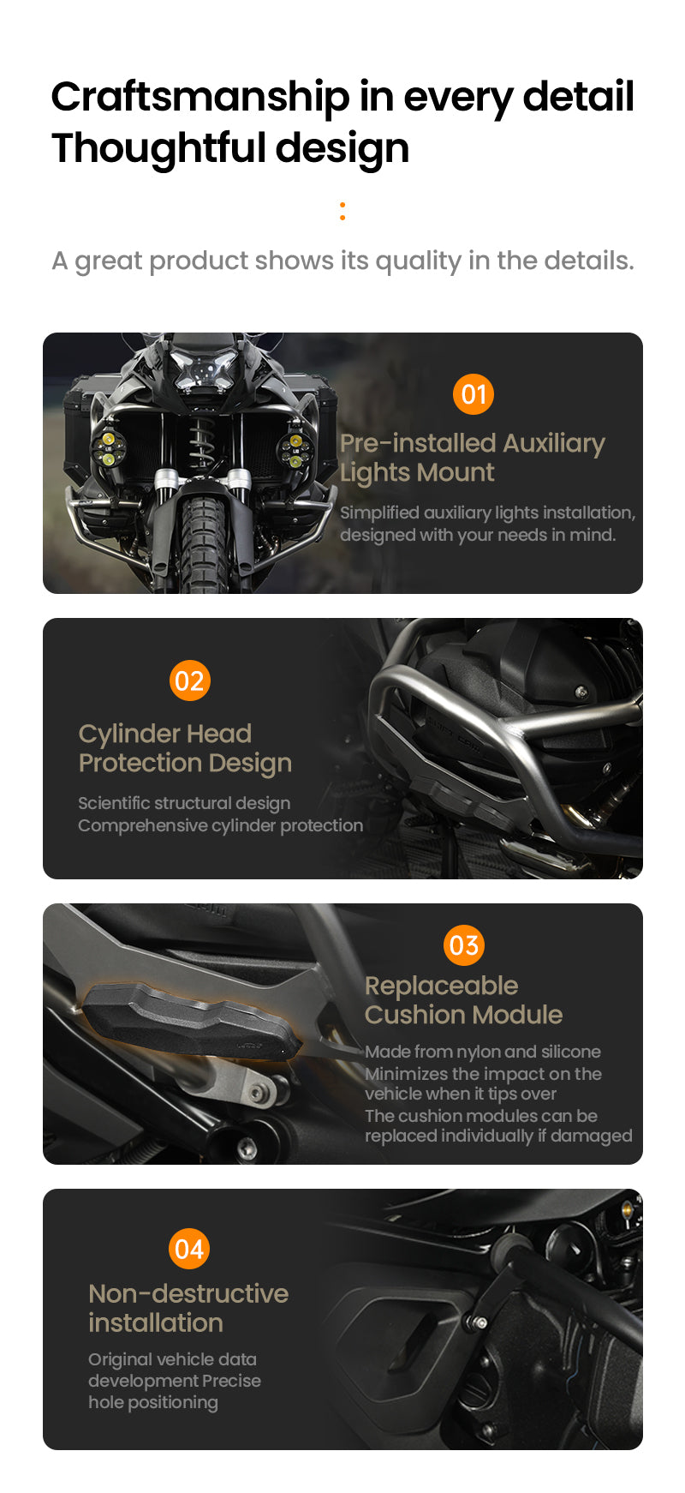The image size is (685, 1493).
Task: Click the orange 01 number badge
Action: point(474,394)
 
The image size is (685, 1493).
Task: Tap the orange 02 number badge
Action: point(189,681)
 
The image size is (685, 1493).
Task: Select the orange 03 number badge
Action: point(464,945)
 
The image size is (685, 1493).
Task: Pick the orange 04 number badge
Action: point(189,1249)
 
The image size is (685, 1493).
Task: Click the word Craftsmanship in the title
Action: point(200,97)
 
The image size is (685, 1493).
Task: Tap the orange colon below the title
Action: point(342,211)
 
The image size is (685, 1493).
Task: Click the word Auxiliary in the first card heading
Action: point(553,443)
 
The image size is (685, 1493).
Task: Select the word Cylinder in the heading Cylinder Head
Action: point(129,734)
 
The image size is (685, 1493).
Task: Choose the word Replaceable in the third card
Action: point(441,986)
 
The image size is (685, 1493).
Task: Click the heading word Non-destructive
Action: point(188,1293)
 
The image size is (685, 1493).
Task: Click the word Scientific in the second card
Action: point(114,803)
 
